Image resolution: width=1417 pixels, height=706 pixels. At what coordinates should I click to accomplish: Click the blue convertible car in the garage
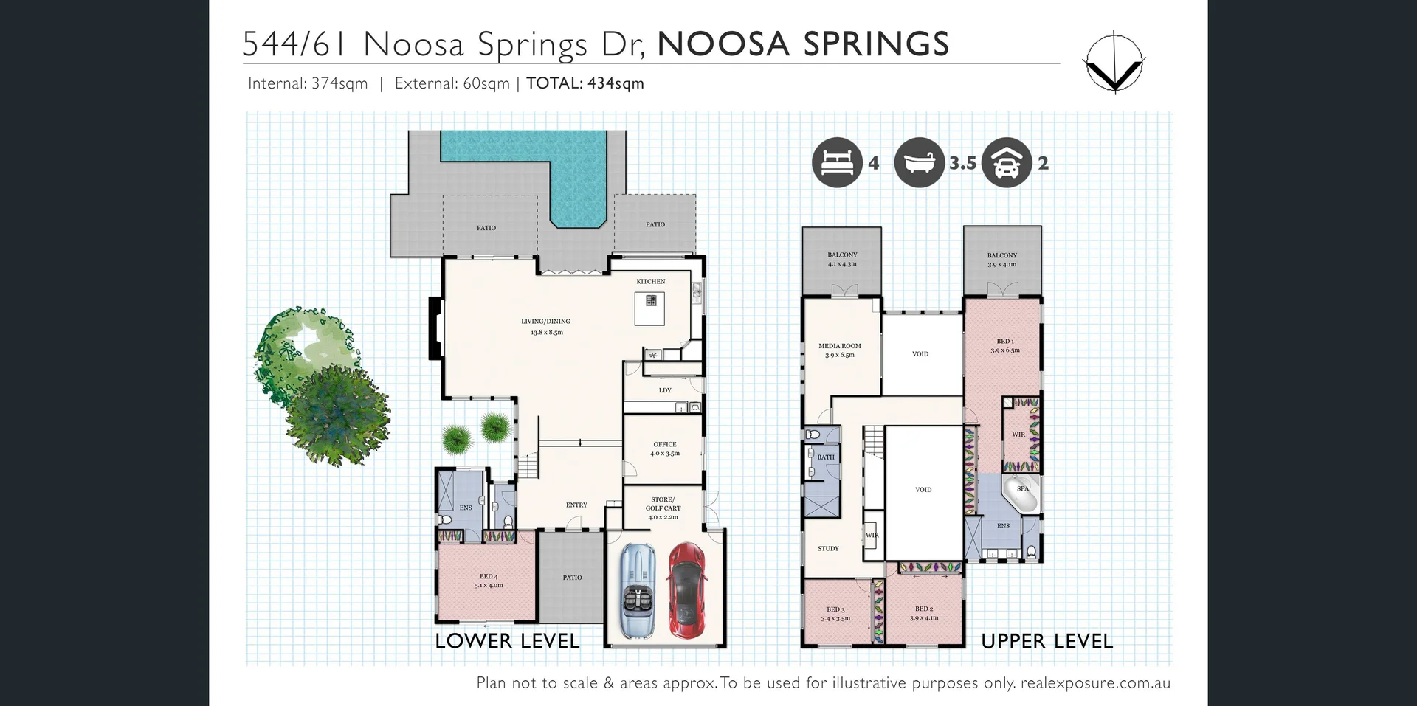click(x=636, y=590)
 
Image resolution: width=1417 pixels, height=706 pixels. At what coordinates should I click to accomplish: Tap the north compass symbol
click(x=1114, y=63)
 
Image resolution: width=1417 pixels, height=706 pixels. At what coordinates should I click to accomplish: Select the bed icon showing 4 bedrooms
click(x=837, y=162)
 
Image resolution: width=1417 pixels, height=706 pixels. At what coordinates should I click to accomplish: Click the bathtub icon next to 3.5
click(x=919, y=162)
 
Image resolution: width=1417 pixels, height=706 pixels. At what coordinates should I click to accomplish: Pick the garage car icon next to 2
click(x=1006, y=162)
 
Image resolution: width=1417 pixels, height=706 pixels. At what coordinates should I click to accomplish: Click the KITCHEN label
click(x=650, y=281)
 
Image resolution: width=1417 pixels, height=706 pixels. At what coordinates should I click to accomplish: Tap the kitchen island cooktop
click(x=651, y=300)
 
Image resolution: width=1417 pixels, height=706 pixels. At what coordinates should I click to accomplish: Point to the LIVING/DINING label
click(x=545, y=322)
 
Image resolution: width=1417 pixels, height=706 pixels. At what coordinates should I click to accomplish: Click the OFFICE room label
click(x=664, y=445)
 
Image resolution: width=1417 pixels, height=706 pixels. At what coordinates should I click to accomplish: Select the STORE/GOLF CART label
click(x=663, y=504)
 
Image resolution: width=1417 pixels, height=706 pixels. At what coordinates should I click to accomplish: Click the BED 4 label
click(x=488, y=577)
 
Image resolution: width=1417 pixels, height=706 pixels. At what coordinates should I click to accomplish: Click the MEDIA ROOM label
click(x=839, y=346)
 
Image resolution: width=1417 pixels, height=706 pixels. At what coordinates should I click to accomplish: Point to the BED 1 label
click(x=1004, y=342)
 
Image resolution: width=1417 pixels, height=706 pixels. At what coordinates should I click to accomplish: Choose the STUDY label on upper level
click(x=828, y=549)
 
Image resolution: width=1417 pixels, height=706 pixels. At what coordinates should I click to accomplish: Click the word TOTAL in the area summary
click(x=554, y=83)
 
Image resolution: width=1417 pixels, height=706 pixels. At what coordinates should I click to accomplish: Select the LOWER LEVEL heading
click(x=507, y=641)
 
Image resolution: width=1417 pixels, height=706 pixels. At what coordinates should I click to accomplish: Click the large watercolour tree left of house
click(x=336, y=413)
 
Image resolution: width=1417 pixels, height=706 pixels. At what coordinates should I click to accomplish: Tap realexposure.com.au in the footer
click(x=1095, y=683)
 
